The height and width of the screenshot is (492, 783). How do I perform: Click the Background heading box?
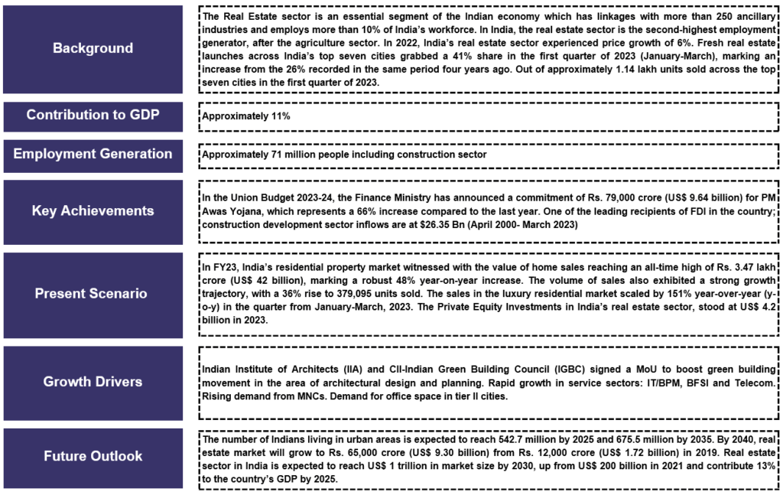[93, 48]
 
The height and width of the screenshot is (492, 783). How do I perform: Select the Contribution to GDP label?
[93, 115]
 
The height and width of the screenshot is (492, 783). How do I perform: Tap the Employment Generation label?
[93, 154]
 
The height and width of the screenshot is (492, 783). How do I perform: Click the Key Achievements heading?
[93, 211]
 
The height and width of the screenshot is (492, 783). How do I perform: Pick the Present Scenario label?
[93, 293]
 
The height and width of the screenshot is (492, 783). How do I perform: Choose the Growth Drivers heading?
[93, 381]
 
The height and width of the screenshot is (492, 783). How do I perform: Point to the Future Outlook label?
[93, 456]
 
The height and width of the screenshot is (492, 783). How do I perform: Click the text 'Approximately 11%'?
[245, 117]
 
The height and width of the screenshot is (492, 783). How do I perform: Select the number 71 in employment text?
[279, 155]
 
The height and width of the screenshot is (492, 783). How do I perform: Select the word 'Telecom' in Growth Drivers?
[752, 382]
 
